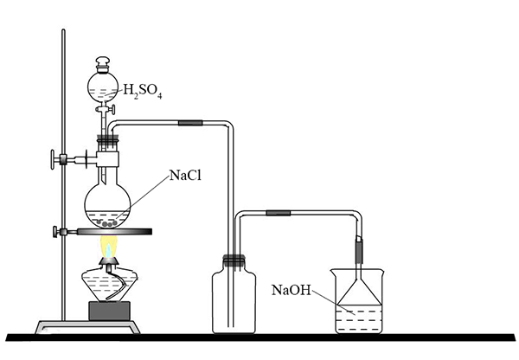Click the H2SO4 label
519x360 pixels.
click(143, 91)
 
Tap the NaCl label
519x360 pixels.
click(185, 175)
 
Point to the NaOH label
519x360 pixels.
click(292, 290)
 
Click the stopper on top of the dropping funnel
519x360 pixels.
click(103, 64)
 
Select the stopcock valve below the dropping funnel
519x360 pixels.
click(106, 109)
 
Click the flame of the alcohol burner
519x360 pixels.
click(108, 247)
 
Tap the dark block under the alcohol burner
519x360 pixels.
click(109, 311)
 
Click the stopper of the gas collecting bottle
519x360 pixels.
click(234, 260)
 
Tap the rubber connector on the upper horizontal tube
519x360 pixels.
click(190, 123)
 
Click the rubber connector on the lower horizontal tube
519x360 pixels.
click(279, 213)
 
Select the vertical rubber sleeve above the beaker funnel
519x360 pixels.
click(359, 250)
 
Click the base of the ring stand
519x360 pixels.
click(87, 327)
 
